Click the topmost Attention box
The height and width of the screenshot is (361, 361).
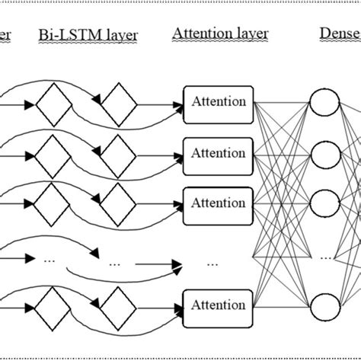point(219,101)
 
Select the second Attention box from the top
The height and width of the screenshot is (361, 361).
point(219,152)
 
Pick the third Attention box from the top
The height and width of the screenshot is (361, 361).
point(219,203)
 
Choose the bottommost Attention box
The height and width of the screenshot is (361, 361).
point(219,305)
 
